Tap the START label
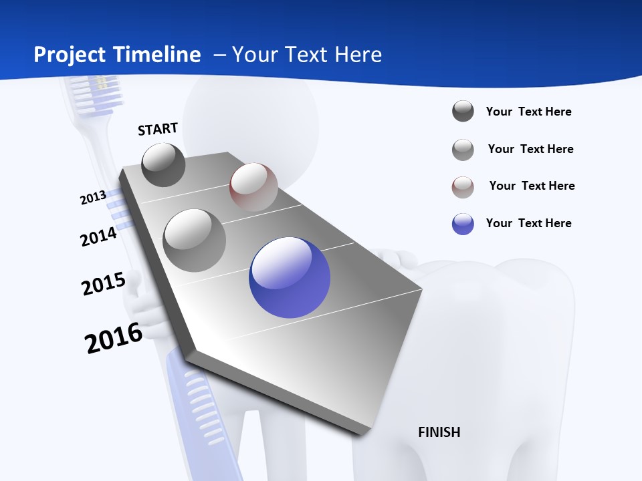[x=158, y=129]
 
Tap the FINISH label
[x=439, y=432]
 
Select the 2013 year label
[x=93, y=198]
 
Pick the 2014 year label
[x=98, y=236]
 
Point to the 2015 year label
[x=104, y=284]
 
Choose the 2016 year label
[x=114, y=338]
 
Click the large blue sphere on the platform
[x=290, y=277]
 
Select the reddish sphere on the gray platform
[x=253, y=186]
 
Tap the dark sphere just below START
[x=163, y=164]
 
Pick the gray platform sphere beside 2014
[x=195, y=240]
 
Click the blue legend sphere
[x=463, y=224]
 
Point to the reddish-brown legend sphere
[x=463, y=187]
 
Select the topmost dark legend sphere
[x=463, y=111]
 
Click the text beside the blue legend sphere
[x=528, y=223]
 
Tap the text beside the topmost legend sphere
[x=528, y=112]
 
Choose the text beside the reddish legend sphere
[x=532, y=186]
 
